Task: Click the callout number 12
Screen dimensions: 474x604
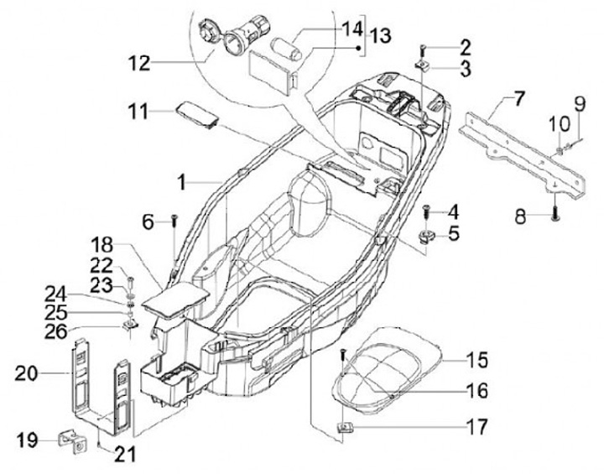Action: pos(139,62)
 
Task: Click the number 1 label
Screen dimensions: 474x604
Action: pos(180,181)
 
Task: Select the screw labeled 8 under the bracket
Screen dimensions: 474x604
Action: pos(555,216)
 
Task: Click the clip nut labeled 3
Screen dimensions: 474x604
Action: pos(424,65)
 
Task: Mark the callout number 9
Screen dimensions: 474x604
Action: pos(578,105)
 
